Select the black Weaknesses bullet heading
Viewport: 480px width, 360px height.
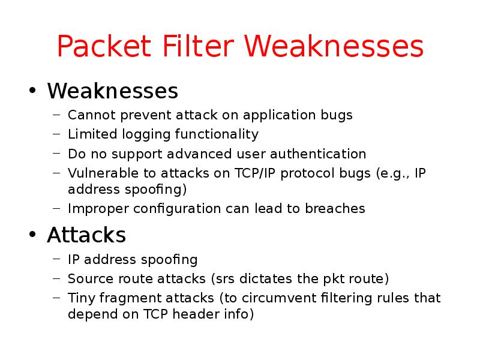[x=112, y=91]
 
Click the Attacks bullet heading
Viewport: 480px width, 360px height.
[x=86, y=235]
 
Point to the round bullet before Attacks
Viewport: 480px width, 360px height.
[x=33, y=235]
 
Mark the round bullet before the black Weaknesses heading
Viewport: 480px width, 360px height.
[x=33, y=92]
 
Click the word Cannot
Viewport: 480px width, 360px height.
[x=86, y=115]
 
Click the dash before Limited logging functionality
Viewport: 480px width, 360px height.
[x=56, y=134]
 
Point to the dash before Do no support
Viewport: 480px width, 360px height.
[x=56, y=154]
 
